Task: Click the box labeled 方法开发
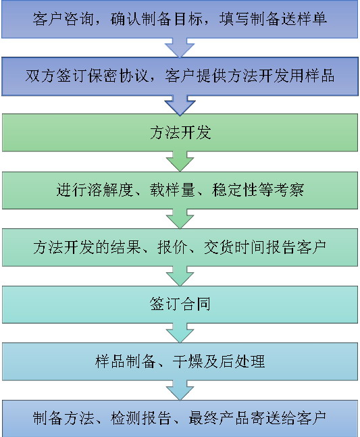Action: (x=180, y=132)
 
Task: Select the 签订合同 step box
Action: (x=180, y=305)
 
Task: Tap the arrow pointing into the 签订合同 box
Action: (x=180, y=276)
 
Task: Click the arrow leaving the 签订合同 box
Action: (x=180, y=333)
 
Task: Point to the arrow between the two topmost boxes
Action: (x=180, y=48)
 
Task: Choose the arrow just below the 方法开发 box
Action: (x=180, y=161)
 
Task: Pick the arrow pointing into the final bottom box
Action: (x=180, y=390)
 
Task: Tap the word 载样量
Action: (x=172, y=190)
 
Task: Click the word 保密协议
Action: (x=119, y=76)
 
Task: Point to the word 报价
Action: (x=172, y=247)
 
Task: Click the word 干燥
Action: (x=188, y=361)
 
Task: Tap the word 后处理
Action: (x=242, y=361)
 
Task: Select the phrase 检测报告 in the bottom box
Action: (x=141, y=418)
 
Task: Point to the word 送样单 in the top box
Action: (x=304, y=19)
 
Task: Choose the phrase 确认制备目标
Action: (x=157, y=19)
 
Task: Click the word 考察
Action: (x=289, y=190)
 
